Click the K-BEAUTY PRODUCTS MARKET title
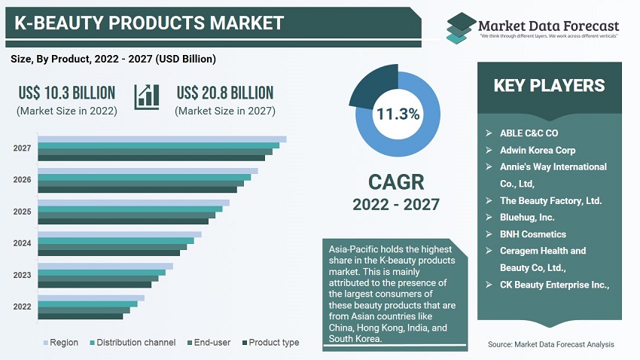[x=149, y=23]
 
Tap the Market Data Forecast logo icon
[x=460, y=26]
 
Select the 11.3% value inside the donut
[x=398, y=114]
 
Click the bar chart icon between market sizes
[x=146, y=96]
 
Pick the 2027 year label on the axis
[x=22, y=148]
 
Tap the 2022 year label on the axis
[x=22, y=307]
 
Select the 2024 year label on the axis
[x=22, y=243]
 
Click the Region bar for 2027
[x=162, y=139]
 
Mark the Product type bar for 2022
[x=80, y=316]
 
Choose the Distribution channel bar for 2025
[x=130, y=209]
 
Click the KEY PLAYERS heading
[x=549, y=85]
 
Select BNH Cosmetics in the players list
[x=532, y=234]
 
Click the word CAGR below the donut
[x=396, y=182]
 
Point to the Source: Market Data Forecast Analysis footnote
[x=550, y=344]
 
